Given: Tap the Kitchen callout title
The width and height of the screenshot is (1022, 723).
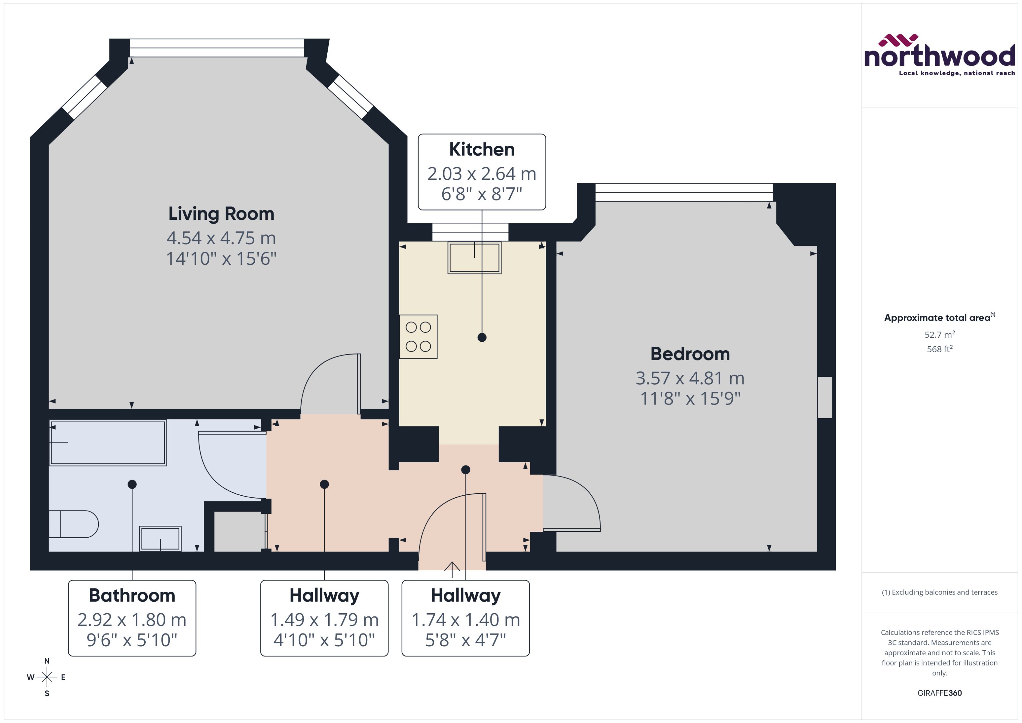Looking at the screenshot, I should (482, 149).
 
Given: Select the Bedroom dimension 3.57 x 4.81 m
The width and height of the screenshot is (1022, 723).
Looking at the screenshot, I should (689, 378).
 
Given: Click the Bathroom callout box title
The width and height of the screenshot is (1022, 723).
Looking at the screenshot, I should (132, 595).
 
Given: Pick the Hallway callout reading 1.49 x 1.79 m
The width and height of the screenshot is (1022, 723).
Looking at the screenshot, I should (324, 619).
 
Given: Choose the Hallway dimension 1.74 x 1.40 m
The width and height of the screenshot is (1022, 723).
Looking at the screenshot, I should (465, 619).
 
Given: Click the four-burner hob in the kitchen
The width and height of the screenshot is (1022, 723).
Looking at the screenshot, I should (418, 337).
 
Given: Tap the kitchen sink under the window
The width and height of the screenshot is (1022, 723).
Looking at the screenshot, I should (474, 257).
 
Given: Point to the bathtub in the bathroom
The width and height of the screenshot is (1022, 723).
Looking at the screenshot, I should (108, 442).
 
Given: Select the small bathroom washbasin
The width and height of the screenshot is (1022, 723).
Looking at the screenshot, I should (160, 539).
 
